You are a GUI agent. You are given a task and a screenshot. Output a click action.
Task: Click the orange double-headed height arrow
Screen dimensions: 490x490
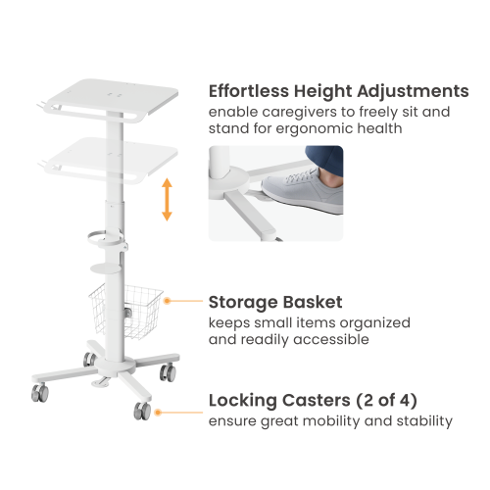167,200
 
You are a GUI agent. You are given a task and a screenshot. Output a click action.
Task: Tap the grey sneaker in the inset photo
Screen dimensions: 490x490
302,189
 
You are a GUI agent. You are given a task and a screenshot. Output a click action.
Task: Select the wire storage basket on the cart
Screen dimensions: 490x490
125,311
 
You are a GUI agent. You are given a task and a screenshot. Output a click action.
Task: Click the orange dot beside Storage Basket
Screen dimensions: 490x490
167,301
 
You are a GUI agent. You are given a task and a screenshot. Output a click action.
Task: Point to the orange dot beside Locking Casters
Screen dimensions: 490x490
158,413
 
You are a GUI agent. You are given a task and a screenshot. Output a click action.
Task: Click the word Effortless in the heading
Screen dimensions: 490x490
249,91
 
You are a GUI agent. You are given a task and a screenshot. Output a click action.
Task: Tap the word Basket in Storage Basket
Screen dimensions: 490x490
313,302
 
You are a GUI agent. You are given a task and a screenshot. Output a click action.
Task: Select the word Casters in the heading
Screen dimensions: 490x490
316,400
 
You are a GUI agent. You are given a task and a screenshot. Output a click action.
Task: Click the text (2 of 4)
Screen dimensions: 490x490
386,401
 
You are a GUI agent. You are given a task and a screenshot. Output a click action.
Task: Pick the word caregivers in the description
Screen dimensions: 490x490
299,113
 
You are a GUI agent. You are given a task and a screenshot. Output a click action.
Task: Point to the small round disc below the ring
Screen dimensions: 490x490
105,269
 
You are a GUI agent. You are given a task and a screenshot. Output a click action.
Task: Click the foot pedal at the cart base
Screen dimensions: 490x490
101,382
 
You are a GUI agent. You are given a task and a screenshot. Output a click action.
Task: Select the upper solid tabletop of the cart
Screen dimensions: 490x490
111,98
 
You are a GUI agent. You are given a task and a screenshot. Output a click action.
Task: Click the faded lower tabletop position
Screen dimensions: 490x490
111,159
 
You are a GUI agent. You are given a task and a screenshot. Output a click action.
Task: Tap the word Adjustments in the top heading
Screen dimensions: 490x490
413,91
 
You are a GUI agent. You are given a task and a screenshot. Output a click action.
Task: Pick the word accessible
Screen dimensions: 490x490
331,340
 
